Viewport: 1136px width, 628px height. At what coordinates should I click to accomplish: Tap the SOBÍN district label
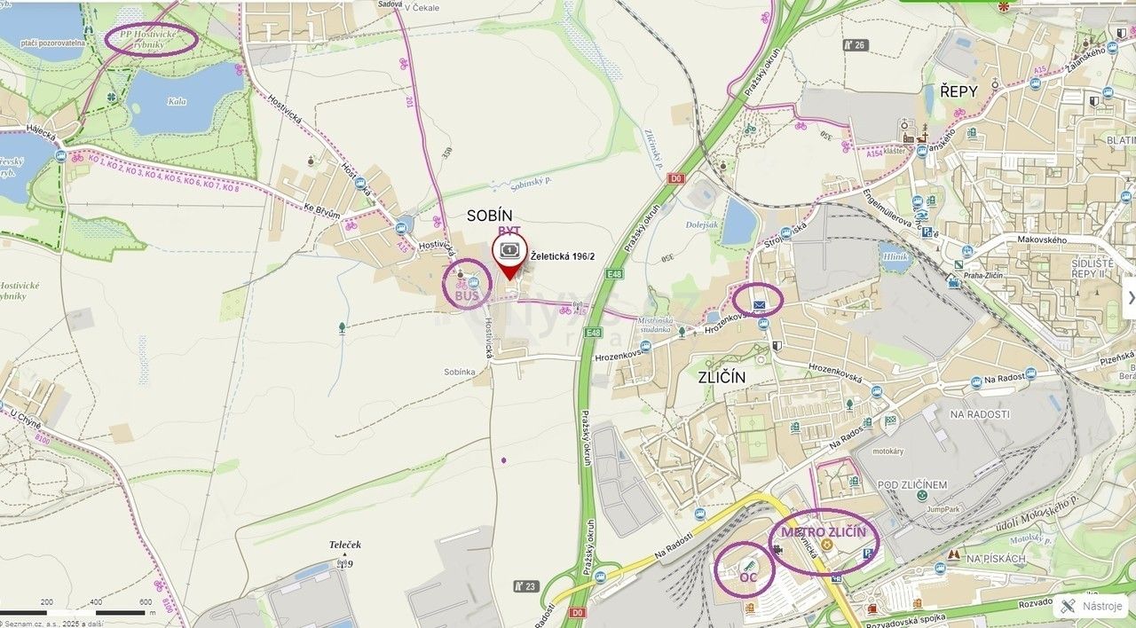coord(490,215)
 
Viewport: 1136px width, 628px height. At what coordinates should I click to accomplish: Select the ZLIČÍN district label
coord(722,377)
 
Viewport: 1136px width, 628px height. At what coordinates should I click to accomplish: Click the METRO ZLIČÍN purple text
coord(824,531)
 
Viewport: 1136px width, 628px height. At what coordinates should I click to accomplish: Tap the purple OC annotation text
coord(748,577)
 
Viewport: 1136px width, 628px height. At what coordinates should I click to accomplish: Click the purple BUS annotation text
coord(467,295)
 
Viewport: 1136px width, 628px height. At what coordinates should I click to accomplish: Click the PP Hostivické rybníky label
coord(151,38)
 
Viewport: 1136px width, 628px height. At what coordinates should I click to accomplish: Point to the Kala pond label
coord(177,101)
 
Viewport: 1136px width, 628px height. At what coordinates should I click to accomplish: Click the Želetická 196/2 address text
coord(563,256)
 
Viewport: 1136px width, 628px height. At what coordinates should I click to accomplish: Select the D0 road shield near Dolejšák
coord(676,178)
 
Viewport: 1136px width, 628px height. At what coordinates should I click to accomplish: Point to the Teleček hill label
coord(344,545)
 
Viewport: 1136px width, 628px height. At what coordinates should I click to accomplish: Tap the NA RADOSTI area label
coord(980,414)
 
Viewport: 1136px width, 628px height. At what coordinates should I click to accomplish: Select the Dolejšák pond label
coord(702,225)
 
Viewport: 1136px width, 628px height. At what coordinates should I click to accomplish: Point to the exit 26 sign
coord(855,44)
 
